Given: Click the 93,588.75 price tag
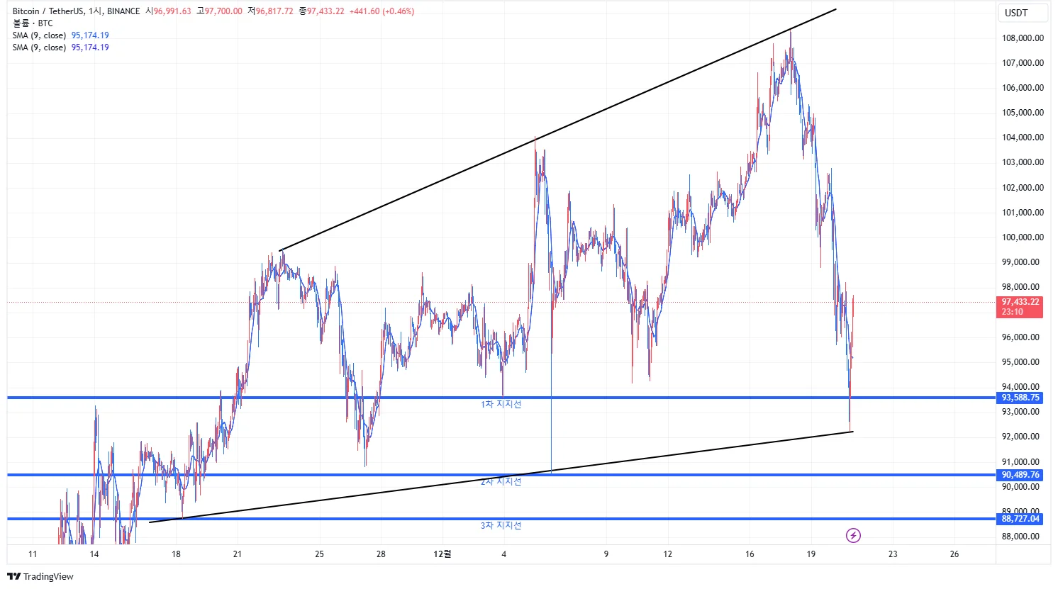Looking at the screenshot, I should (1020, 398).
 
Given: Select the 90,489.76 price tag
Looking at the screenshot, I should (1020, 475).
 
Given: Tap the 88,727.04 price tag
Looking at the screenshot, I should (1020, 519).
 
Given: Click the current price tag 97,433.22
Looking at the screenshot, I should (1020, 302).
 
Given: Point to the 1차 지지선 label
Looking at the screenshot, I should (501, 405).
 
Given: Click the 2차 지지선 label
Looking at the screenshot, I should (501, 482).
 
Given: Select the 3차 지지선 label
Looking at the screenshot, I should (501, 526).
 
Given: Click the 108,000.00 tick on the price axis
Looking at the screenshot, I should (1023, 38).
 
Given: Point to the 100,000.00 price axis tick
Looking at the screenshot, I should (1023, 237).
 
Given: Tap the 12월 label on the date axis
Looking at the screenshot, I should (442, 554).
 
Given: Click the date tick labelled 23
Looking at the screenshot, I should (893, 554).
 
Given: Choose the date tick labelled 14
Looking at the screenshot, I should (94, 554).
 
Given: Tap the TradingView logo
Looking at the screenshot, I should (40, 576).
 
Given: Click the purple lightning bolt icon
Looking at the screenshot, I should (854, 535).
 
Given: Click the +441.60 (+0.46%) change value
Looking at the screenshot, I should (382, 11).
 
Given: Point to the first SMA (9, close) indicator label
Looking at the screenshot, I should (39, 35).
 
